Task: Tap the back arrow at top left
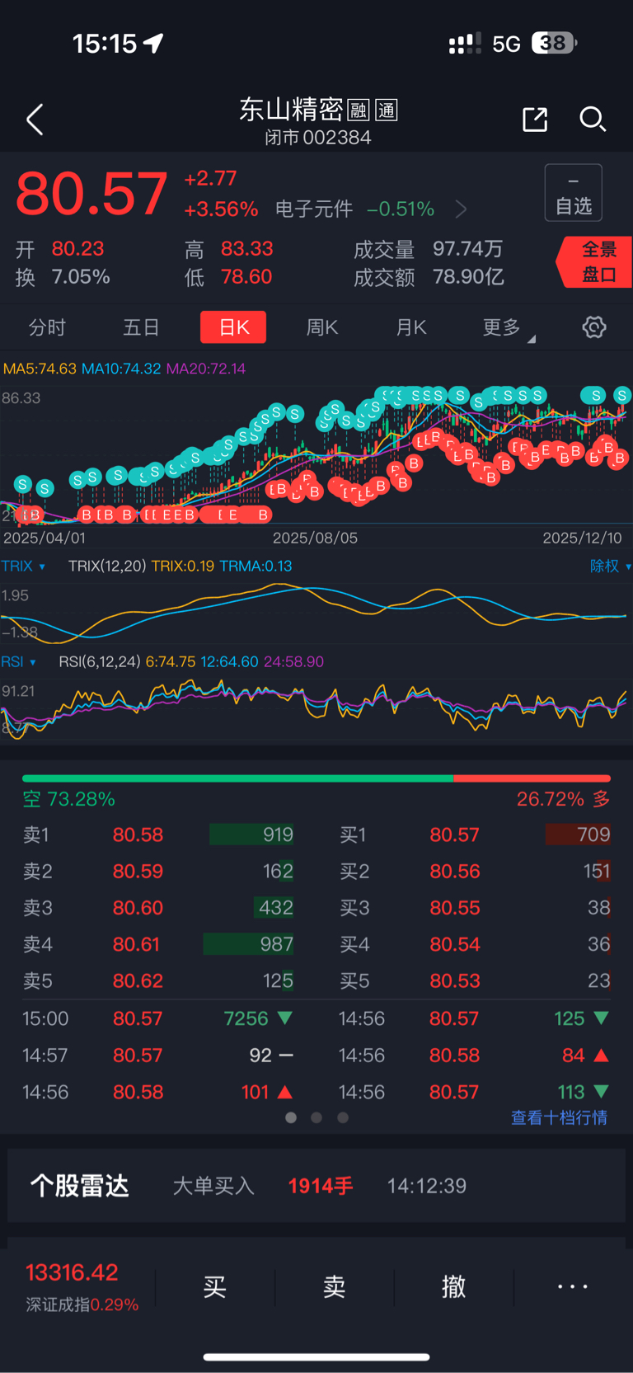click(x=35, y=120)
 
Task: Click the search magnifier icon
click(x=593, y=120)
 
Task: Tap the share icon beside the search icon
click(x=535, y=120)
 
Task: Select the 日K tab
click(x=233, y=327)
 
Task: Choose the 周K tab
click(x=322, y=327)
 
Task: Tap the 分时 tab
click(x=47, y=327)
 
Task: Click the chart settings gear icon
click(x=594, y=327)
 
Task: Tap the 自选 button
click(x=574, y=193)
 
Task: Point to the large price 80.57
click(x=91, y=195)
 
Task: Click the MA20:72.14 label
click(x=206, y=369)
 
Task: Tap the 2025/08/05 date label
click(x=315, y=538)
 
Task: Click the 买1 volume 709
click(x=593, y=835)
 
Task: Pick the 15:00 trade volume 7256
click(x=246, y=1018)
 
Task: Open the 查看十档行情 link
click(x=559, y=1117)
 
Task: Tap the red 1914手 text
click(x=320, y=1186)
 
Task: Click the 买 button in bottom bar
click(x=214, y=1286)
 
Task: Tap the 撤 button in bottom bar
click(x=453, y=1286)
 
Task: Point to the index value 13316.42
click(x=72, y=1272)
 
